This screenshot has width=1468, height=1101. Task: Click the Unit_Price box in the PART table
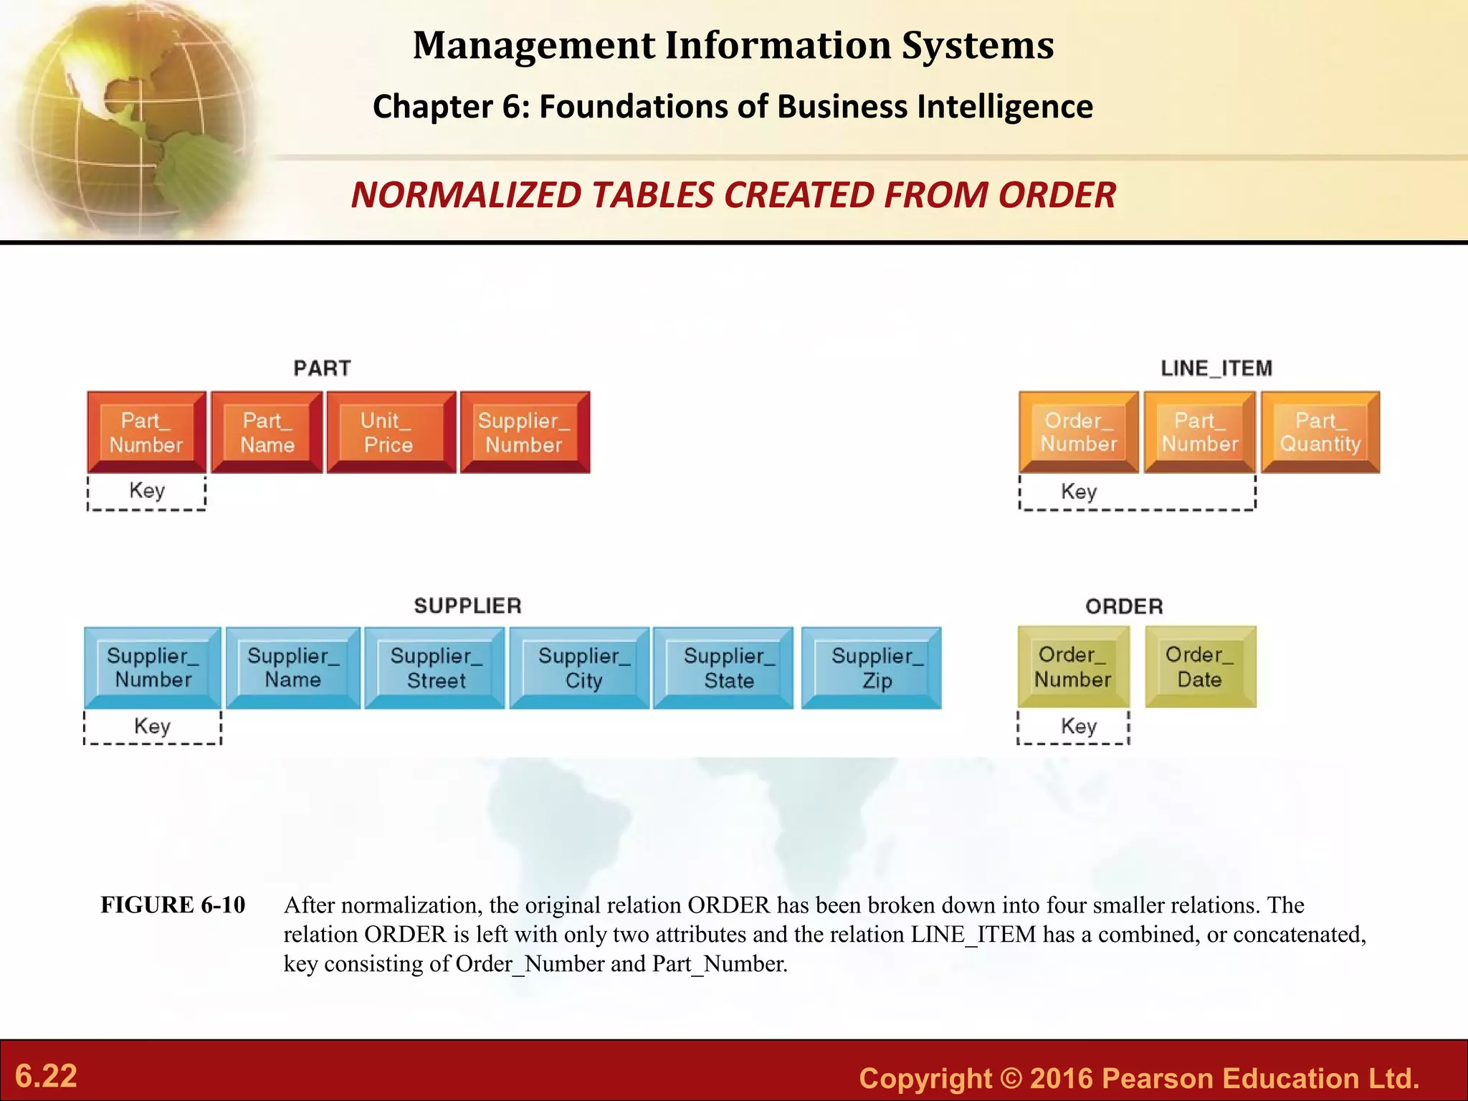pos(391,432)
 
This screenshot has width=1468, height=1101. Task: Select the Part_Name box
pos(267,432)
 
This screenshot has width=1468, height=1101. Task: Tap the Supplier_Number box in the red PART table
pos(524,432)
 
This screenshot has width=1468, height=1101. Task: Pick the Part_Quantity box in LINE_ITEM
pos(1320,432)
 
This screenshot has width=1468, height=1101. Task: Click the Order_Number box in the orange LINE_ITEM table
pos(1078,432)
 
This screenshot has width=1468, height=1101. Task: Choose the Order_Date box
pos(1200,667)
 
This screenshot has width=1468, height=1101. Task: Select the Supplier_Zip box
pos(871,668)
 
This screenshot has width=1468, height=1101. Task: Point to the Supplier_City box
pos(579,668)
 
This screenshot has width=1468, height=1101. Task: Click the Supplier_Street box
pos(434,668)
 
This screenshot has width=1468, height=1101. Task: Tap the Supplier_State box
pos(723,668)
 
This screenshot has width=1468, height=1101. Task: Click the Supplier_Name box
pos(292,668)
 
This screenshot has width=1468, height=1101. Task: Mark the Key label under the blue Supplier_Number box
pos(152,726)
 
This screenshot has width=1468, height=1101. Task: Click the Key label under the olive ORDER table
pos(1078,726)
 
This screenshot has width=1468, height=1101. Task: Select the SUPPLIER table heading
pos(467,606)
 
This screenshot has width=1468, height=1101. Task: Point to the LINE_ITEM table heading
pos(1216,368)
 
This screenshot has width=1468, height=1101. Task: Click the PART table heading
pos(322,368)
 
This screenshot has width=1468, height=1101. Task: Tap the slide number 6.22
pos(46,1076)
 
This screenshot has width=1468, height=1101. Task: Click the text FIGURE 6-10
pos(173,905)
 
